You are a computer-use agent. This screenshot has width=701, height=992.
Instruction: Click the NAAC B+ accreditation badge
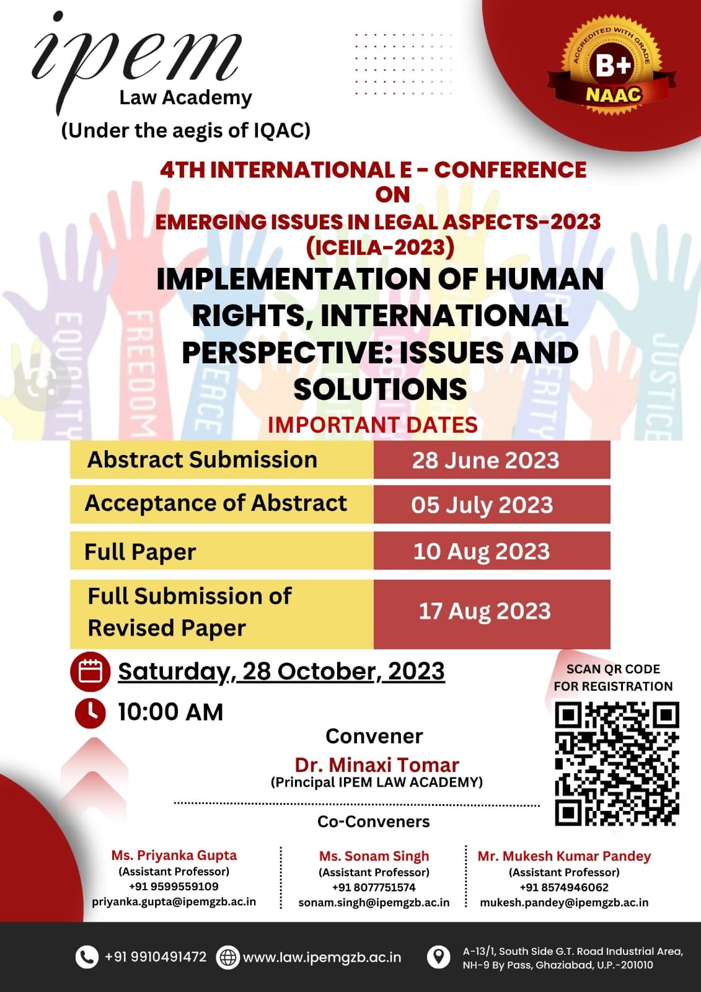tap(612, 66)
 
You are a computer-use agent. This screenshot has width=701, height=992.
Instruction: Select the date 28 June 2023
tap(486, 460)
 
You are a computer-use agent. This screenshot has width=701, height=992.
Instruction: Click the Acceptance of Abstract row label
tap(216, 503)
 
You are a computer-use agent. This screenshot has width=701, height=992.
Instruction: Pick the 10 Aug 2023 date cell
tap(492, 551)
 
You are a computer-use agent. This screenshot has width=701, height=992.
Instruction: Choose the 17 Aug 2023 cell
tap(492, 614)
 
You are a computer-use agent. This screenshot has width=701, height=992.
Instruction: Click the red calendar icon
tap(90, 672)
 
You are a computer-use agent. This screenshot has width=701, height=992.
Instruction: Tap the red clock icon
tap(90, 713)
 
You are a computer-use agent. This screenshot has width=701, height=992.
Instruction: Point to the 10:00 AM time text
tap(170, 712)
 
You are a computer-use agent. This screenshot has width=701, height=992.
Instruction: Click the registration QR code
tap(617, 764)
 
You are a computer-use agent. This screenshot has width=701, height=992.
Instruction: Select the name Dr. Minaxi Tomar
tap(377, 765)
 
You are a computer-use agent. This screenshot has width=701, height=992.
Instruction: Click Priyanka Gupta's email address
tap(174, 901)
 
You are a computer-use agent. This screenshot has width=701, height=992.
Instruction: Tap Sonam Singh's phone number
tap(374, 887)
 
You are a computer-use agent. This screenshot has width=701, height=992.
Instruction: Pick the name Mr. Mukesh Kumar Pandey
tap(564, 856)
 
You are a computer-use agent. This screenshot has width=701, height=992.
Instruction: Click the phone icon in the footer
tap(87, 957)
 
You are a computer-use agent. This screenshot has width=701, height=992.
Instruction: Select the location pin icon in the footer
tap(438, 957)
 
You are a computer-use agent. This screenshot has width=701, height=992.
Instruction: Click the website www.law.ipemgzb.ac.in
tap(322, 957)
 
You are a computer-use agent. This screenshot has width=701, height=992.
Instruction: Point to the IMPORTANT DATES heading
tap(373, 425)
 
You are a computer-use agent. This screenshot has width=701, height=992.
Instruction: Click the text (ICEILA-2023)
tap(381, 247)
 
